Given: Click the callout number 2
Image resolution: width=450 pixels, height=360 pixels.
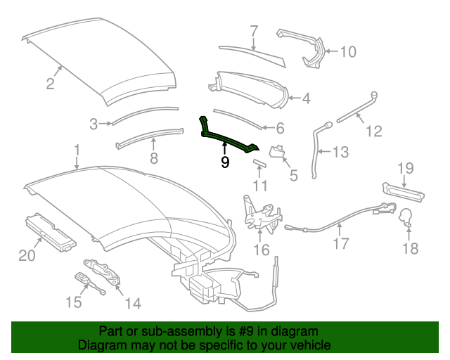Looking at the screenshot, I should pos(50,84).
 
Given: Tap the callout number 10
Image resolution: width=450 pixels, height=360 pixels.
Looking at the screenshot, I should pos(348,51).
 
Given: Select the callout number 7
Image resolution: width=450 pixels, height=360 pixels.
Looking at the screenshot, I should pos(254,31).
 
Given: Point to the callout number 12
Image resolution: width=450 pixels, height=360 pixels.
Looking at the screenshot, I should pos(373,131).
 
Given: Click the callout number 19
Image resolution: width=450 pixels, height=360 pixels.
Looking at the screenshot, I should pos(406,168).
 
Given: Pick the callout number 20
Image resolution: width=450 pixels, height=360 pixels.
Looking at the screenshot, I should pos(27,256).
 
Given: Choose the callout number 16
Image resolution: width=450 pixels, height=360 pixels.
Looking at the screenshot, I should pos(261,250).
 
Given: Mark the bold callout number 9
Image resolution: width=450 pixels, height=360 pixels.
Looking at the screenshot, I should pos(225,162).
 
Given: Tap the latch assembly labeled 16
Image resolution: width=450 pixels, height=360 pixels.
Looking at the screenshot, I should pos(257,210).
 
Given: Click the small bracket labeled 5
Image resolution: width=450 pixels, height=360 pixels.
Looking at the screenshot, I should pos(276,153).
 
